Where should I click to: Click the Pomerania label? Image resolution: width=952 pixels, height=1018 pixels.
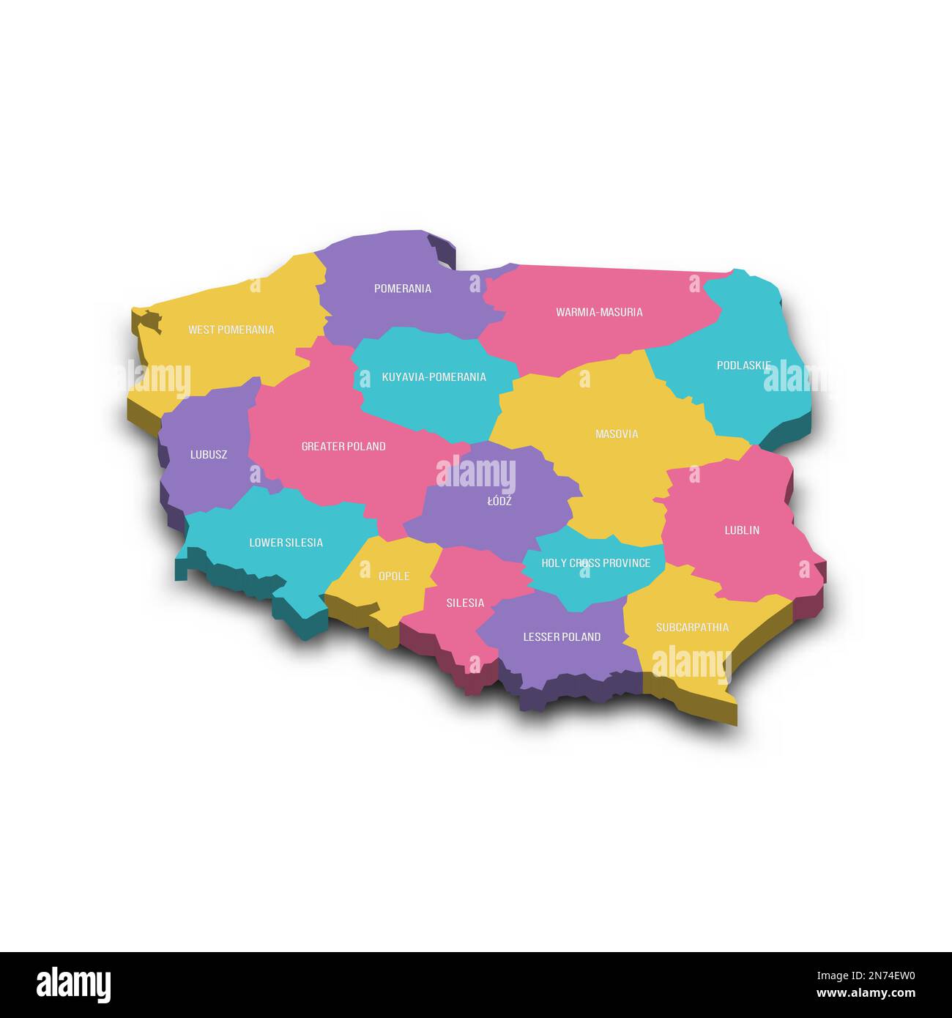[403, 289]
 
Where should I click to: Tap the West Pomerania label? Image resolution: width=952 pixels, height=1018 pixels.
[231, 330]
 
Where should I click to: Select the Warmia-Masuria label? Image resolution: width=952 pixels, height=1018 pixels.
[599, 312]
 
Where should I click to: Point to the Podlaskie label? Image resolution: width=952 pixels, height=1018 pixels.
[743, 365]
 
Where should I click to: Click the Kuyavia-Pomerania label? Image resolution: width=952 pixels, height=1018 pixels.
[434, 377]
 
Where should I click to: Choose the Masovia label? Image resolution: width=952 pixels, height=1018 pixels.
[617, 434]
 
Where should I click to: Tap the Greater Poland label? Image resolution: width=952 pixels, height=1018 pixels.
[343, 446]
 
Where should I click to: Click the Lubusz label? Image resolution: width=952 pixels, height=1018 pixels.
[209, 454]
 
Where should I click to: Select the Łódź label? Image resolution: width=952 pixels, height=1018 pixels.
[499, 502]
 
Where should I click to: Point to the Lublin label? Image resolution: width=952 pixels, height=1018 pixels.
[742, 530]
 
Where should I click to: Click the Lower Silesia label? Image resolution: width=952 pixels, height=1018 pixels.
[286, 543]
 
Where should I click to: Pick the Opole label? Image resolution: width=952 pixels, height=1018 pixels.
[394, 576]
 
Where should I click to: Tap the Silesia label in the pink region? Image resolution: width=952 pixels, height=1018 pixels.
[465, 603]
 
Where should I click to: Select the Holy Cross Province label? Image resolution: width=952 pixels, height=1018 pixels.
[595, 563]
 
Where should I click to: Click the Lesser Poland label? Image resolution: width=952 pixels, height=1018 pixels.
[562, 637]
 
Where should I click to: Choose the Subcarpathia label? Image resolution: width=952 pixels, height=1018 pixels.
[692, 628]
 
